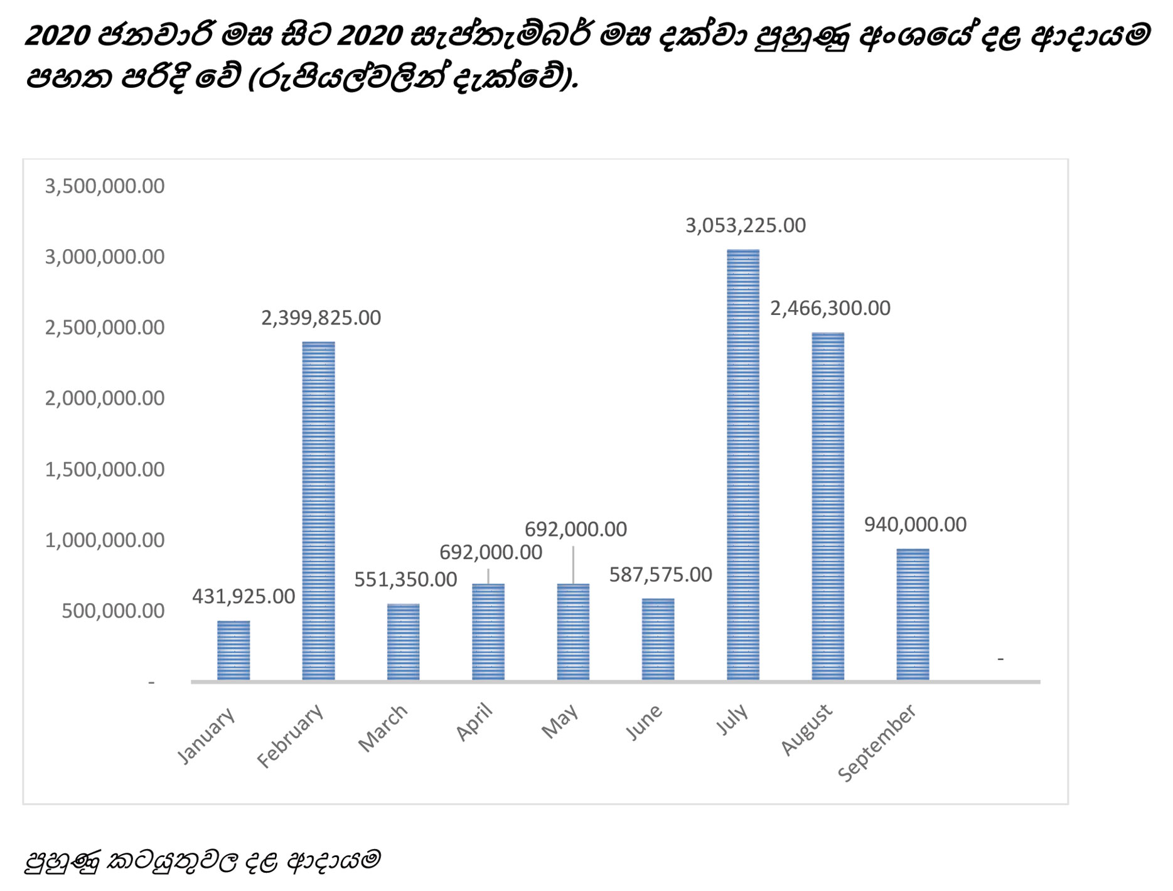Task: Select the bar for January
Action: (x=233, y=650)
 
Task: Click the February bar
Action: (x=318, y=511)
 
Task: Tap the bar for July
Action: (x=743, y=464)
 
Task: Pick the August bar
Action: (x=828, y=506)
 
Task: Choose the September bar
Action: (x=913, y=614)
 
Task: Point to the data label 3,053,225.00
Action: (x=746, y=225)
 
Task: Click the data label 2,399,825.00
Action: (x=321, y=318)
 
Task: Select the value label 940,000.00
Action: (x=915, y=525)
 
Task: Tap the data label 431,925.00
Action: (x=244, y=596)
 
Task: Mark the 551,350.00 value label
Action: (x=405, y=579)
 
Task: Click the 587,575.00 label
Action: (x=660, y=575)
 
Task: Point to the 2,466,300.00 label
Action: (x=830, y=308)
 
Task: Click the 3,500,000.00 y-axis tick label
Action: (x=105, y=186)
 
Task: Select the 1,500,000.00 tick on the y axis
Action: (x=105, y=469)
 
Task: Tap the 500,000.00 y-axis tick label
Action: (x=113, y=611)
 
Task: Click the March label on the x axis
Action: (x=383, y=728)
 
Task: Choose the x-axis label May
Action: (x=560, y=722)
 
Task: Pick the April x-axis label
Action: (x=474, y=723)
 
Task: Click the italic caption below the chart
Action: (x=202, y=860)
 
